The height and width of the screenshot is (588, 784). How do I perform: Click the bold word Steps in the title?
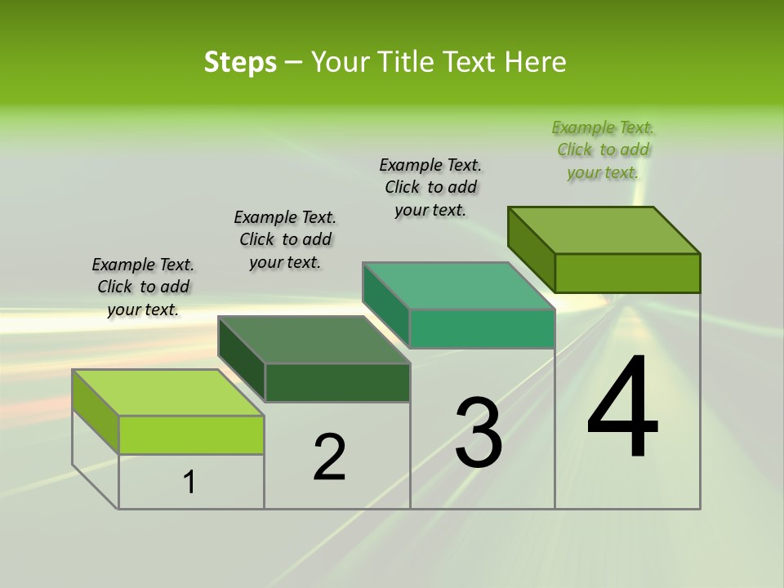[x=240, y=62]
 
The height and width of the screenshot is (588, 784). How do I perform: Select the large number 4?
[x=623, y=408]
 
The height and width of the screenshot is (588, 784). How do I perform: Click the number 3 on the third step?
[x=479, y=433]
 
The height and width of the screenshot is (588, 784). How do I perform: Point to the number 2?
[x=330, y=457]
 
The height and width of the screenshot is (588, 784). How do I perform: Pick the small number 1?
[x=189, y=483]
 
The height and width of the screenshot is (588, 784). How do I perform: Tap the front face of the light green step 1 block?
[x=191, y=434]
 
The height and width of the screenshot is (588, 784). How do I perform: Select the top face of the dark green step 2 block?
[x=314, y=340]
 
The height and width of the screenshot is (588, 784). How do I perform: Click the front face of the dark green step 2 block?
[x=337, y=382]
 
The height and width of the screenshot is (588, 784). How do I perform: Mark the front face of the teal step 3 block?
[x=482, y=328]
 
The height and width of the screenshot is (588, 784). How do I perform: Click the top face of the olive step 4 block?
[x=604, y=230]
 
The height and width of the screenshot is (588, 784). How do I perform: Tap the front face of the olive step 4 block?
[x=627, y=273]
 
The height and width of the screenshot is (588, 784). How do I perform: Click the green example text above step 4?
[x=603, y=150]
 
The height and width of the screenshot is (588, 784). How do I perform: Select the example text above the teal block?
[x=430, y=187]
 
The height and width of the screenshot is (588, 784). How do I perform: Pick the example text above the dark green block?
[x=285, y=239]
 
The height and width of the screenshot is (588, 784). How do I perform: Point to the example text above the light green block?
[x=143, y=287]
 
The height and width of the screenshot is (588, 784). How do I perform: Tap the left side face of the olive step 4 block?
[x=532, y=249]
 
